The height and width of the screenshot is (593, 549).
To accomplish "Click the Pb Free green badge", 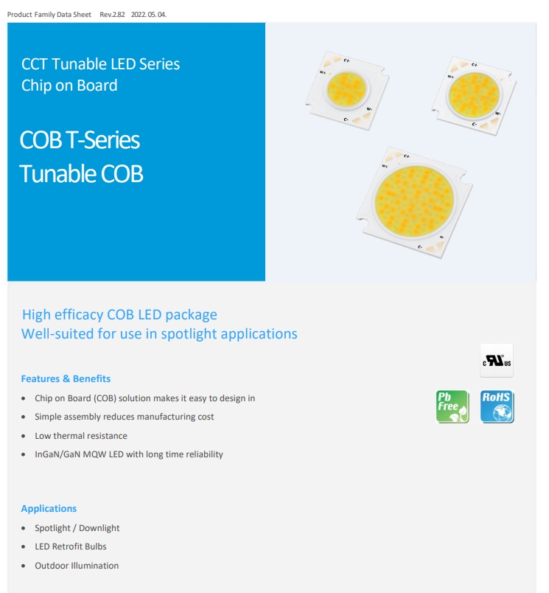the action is [452, 406].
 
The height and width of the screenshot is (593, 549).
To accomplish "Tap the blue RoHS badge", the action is [497, 406].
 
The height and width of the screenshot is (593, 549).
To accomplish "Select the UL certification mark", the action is [497, 361].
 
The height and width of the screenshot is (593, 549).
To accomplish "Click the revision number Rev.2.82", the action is [112, 14].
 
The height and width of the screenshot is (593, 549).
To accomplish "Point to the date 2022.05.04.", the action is [149, 14].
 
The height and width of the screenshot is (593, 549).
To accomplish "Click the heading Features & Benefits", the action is [66, 378].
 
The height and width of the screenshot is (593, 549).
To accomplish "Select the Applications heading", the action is [49, 509].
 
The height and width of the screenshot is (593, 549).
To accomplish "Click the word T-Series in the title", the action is [102, 140].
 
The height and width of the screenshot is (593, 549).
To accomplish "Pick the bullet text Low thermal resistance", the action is [81, 436].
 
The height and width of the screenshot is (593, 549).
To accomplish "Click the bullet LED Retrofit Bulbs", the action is [71, 547].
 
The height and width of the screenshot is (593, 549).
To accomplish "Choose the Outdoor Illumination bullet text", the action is [77, 566].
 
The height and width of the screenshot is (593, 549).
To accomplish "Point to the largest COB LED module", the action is [414, 202].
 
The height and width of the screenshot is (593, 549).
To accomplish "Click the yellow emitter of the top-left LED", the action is [347, 90].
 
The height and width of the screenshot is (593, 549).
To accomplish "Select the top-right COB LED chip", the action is [474, 96].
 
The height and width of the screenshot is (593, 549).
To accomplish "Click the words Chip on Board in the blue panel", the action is [69, 86].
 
